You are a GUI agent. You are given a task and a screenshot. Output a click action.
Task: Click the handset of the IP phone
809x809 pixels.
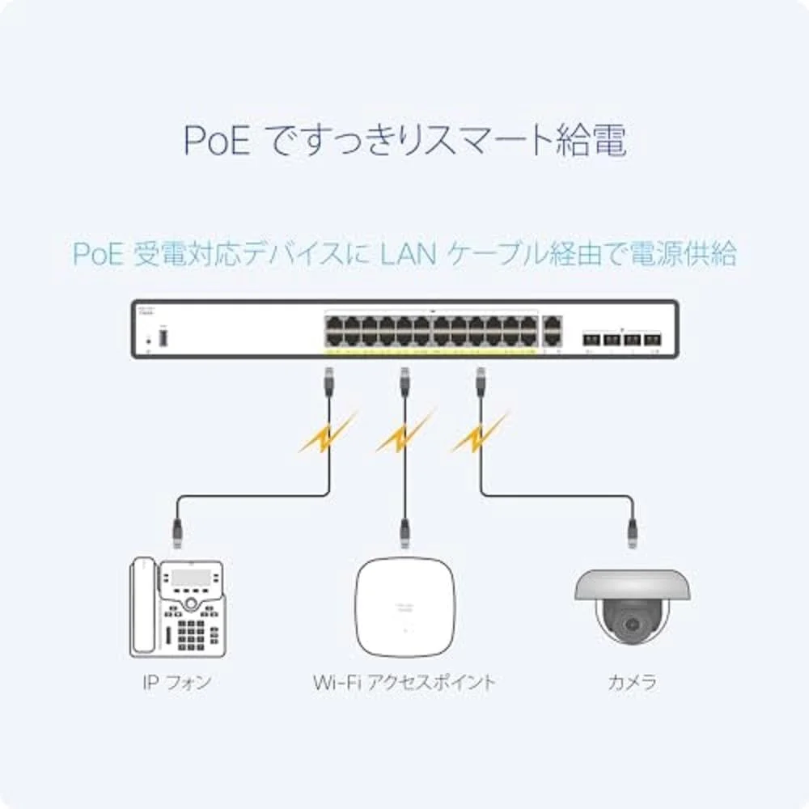[144, 607]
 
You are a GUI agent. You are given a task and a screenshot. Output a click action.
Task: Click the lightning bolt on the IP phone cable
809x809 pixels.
[326, 437]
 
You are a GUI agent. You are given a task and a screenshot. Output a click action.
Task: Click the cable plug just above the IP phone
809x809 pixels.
[178, 530]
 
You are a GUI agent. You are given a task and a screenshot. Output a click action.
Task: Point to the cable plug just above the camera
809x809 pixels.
[632, 530]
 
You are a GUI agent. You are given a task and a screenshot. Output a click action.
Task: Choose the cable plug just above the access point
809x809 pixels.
[404, 530]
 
